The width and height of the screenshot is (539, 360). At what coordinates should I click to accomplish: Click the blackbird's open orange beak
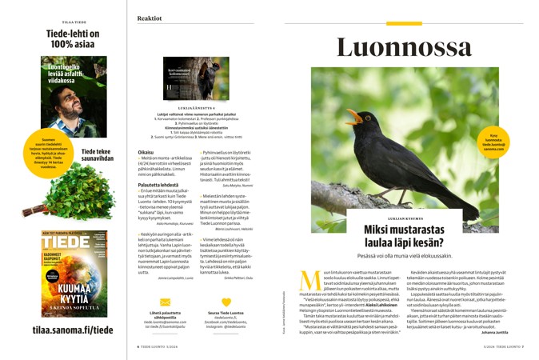pos(353,117)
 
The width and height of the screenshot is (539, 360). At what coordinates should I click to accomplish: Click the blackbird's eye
pos(365,114)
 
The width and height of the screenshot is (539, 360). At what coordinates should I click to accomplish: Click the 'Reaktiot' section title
pos(150,17)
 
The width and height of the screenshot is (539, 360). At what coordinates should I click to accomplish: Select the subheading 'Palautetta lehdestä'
pos(158,185)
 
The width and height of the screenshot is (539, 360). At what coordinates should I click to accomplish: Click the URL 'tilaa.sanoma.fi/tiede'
pos(62,330)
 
